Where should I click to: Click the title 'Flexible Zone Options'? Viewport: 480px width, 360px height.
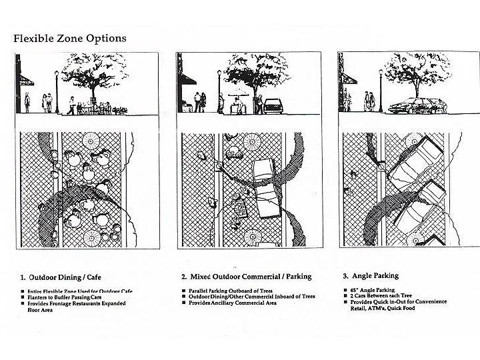70,38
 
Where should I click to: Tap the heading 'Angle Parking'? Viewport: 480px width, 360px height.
373,275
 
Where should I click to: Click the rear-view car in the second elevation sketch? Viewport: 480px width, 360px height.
274,105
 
